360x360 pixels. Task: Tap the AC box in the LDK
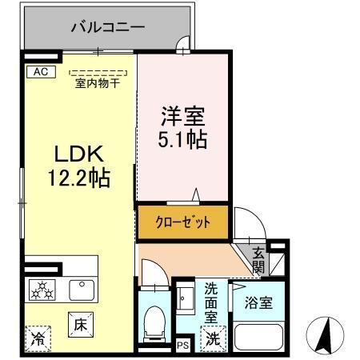[41, 72]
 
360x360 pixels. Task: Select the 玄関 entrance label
[258, 260]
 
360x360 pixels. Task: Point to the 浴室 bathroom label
[258, 303]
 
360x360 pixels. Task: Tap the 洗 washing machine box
[213, 338]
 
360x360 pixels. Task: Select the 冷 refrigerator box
[38, 338]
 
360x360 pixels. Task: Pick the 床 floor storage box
[80, 325]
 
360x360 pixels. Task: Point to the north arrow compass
[326, 334]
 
